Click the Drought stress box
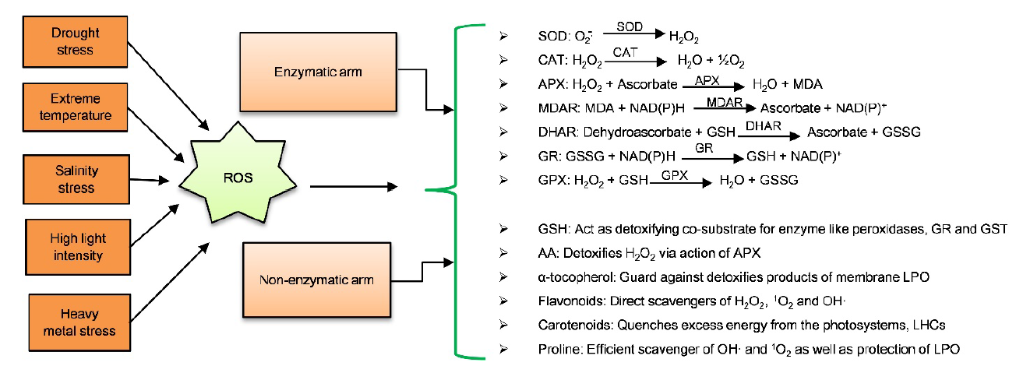[72, 41]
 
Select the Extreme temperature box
[72, 108]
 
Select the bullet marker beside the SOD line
[504, 36]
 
